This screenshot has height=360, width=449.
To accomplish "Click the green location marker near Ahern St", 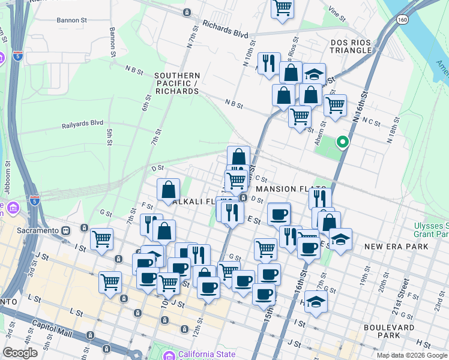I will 343,142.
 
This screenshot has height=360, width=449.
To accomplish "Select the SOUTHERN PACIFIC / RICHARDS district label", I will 176,83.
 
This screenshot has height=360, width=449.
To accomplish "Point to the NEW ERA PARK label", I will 396,247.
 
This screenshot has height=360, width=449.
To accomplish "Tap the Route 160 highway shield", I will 402,20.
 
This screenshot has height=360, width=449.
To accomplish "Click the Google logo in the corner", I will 20,353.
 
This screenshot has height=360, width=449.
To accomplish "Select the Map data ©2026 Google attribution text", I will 411,355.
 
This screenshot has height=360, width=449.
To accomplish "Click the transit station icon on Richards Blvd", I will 187,12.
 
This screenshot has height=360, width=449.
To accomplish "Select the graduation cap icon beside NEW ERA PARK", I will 340,239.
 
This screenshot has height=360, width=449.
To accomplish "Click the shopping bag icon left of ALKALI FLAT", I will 169,189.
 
